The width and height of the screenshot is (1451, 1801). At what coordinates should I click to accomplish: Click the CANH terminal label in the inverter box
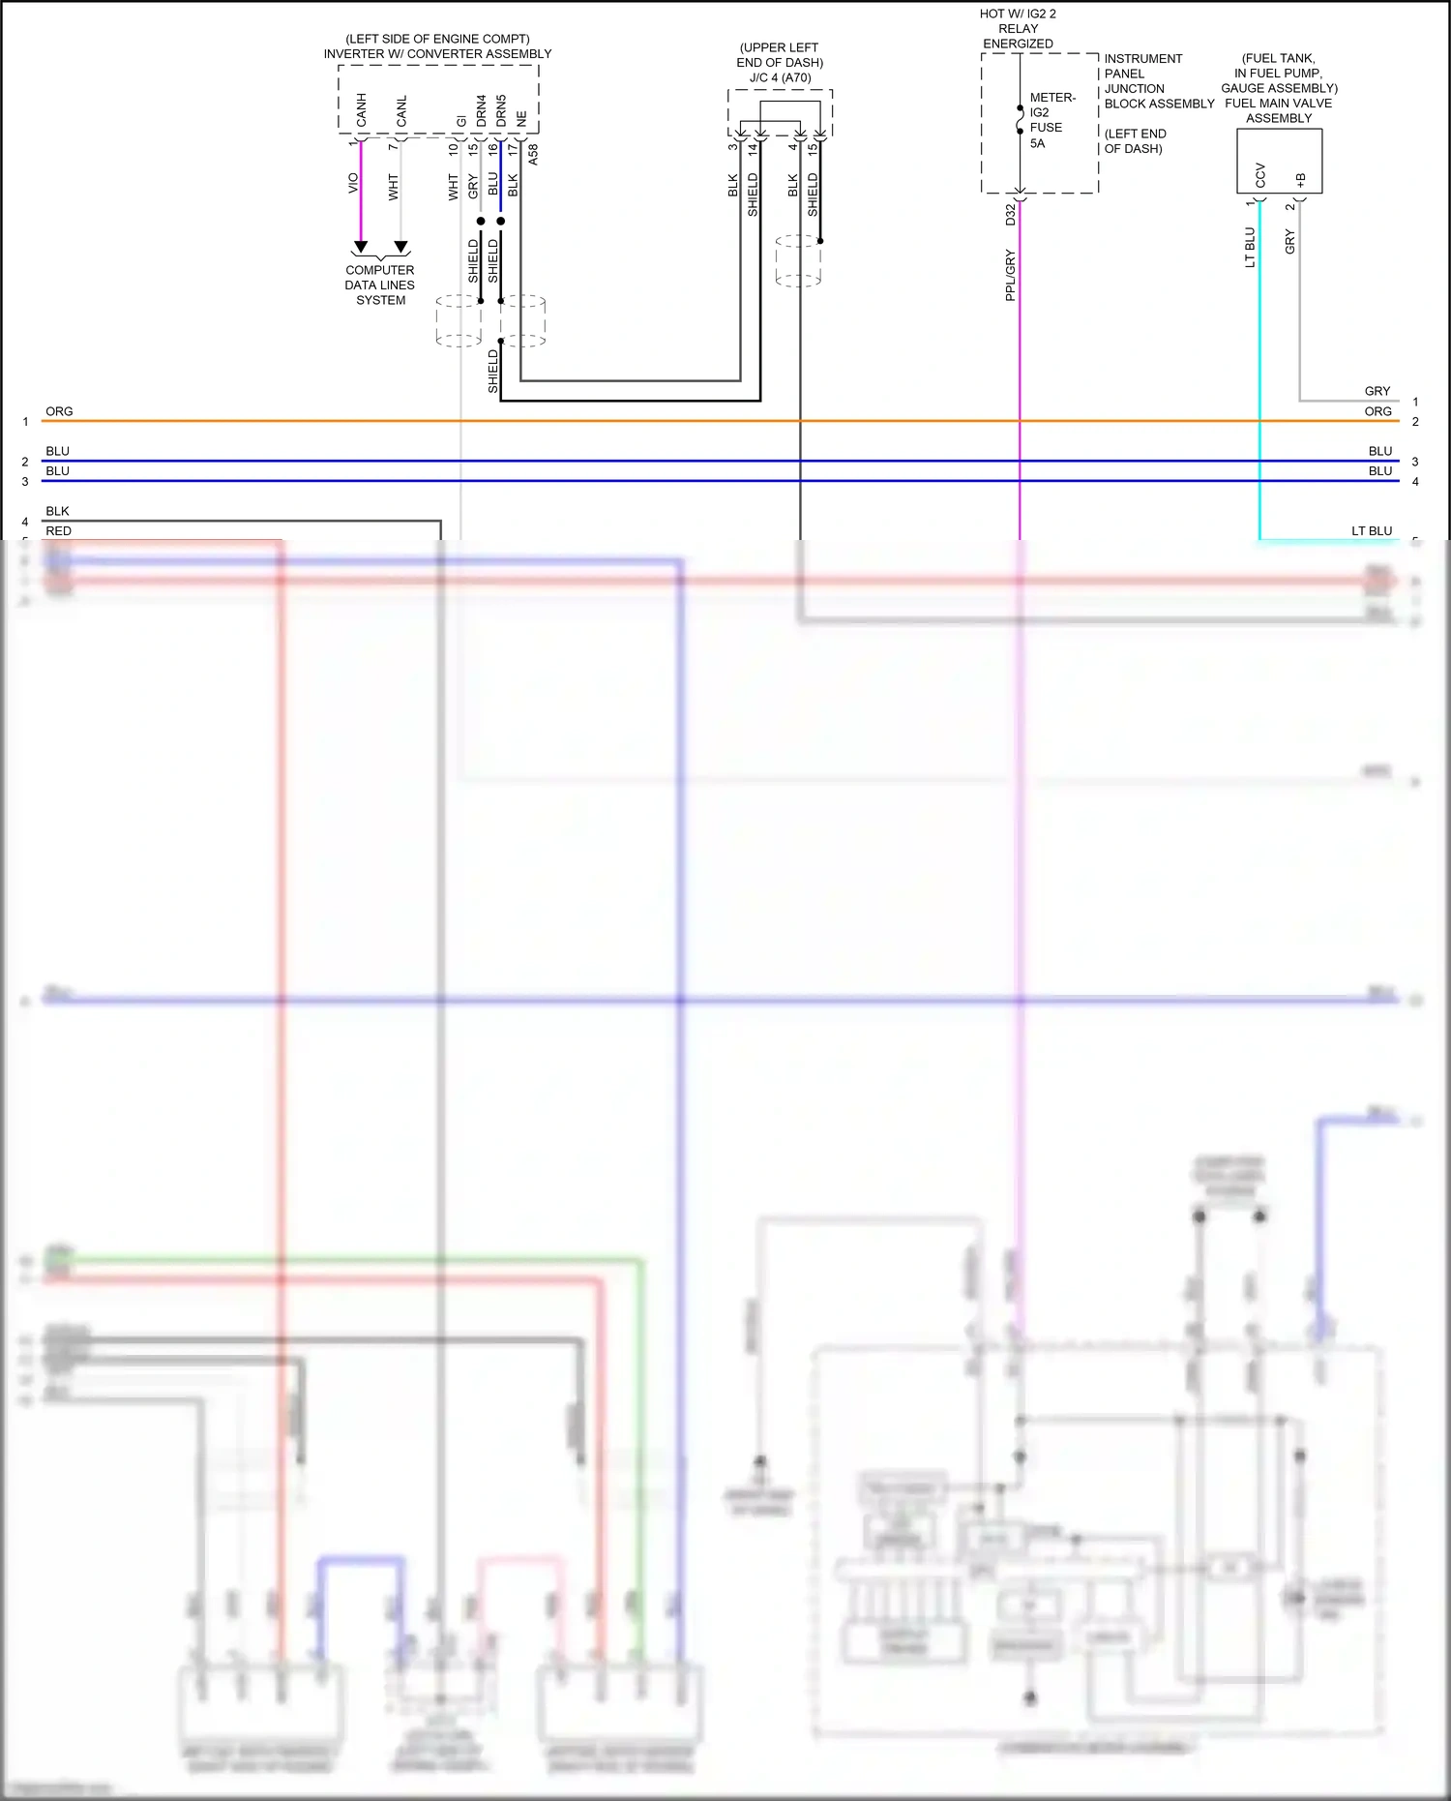362,109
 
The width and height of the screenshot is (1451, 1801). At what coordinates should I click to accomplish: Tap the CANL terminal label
401,110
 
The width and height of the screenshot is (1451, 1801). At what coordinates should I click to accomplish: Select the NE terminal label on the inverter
521,118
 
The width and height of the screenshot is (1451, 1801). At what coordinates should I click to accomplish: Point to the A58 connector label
533,154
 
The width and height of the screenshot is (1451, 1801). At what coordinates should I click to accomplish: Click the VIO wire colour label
353,183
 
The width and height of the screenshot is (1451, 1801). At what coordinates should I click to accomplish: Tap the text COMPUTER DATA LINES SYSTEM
380,285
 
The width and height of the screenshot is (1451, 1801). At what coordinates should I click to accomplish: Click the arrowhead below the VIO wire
361,248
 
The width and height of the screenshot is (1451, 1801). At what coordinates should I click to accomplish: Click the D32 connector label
1011,215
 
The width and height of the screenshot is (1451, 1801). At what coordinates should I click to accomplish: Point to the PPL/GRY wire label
1011,275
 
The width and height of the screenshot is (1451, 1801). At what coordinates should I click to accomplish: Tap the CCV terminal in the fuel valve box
1260,175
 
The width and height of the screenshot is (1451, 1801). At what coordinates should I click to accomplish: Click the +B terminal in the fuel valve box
1301,180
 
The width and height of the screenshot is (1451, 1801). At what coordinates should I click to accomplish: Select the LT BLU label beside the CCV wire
1250,248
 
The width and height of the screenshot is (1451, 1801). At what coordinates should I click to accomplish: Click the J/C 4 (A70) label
780,77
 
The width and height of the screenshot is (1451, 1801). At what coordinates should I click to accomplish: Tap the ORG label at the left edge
59,411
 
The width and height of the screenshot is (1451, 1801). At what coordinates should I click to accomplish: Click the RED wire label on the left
58,530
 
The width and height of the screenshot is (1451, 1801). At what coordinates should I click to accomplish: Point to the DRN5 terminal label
501,110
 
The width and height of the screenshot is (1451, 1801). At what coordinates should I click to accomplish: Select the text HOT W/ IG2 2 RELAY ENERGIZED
1018,29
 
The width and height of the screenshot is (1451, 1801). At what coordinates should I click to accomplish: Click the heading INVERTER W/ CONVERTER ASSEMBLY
437,54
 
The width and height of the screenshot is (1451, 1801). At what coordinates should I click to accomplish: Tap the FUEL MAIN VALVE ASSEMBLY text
1279,110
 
